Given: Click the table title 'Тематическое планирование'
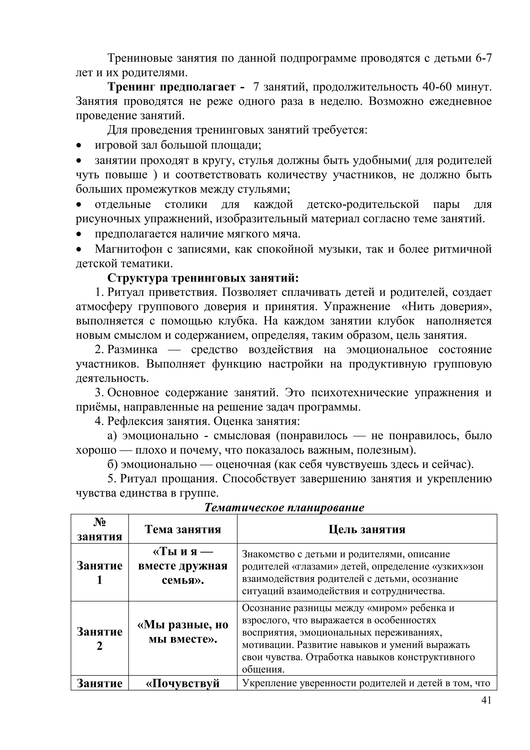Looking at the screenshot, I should [x=284, y=507].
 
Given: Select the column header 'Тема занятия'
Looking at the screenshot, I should [x=183, y=529].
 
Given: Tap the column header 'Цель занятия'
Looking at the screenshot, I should [x=367, y=529].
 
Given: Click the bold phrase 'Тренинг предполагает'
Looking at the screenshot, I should [x=172, y=87].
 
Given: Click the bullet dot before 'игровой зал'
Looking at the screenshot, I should [x=78, y=145].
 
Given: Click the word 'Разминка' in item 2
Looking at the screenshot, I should [x=132, y=350].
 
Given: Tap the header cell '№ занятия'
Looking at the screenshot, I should [x=100, y=529].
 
